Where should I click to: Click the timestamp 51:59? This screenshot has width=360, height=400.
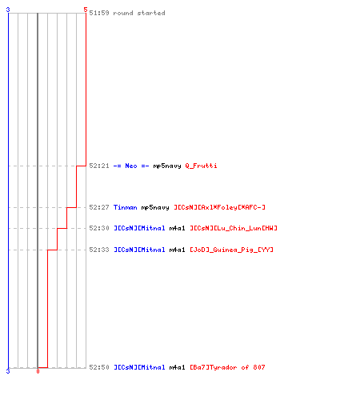coord(99,13)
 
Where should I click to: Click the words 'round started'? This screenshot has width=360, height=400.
coord(139,13)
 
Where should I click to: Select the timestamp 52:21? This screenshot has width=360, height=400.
coord(99,166)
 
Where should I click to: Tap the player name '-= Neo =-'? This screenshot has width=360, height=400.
coord(131,166)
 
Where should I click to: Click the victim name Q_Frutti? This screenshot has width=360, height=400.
coord(201,166)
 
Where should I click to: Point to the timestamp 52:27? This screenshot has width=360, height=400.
coord(99,207)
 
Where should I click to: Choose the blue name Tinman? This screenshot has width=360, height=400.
coord(125,207)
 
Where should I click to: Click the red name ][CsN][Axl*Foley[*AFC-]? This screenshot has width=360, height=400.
coord(219,207)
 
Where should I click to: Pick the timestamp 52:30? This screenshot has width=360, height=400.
coord(99,228)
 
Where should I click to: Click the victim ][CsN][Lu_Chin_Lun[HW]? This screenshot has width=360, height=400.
coord(234,228)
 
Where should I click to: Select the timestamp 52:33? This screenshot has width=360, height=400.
coord(99,250)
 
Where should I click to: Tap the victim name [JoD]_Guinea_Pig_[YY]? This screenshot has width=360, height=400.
coord(231,250)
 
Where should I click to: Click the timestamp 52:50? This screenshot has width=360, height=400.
coord(99,367)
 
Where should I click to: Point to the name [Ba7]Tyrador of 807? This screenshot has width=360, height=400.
coord(227,367)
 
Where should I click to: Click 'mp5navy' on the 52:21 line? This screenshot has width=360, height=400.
coord(167,166)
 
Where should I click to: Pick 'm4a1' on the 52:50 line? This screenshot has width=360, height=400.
coord(177,367)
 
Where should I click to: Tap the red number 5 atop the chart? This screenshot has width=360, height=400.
coord(86,10)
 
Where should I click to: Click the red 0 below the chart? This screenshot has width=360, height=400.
coord(38,371)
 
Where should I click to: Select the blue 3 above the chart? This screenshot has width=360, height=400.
coord(8,10)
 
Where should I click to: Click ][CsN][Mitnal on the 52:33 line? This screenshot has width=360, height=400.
coord(139,250)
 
